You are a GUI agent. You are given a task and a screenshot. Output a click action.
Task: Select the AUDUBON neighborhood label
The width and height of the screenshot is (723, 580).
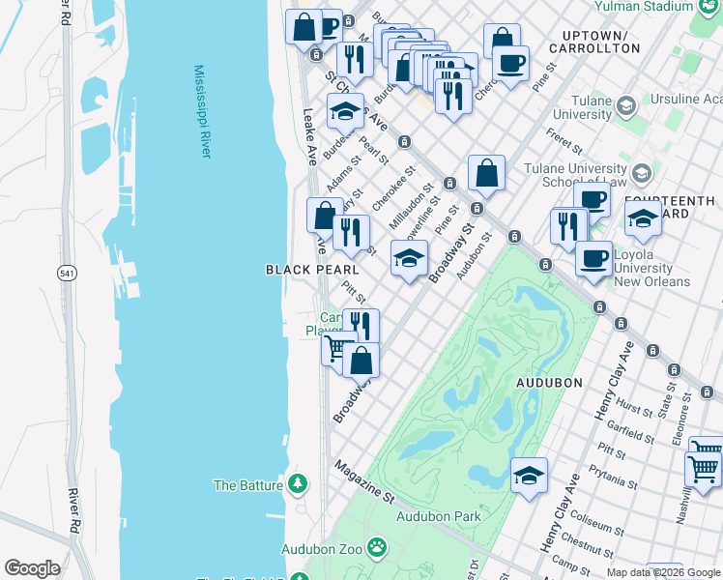549,383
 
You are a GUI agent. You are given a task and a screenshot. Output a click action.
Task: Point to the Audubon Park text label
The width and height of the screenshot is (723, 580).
439,516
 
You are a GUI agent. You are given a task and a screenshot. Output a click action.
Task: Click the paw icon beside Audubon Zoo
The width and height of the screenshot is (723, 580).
377,550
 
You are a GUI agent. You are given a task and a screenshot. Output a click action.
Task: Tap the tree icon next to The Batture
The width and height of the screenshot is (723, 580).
300,484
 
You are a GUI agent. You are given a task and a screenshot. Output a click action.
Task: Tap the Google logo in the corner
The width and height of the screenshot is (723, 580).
32,568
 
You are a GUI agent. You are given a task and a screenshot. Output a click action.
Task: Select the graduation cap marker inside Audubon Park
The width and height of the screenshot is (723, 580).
529,475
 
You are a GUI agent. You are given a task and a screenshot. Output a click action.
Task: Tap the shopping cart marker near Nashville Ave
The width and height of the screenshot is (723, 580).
704,467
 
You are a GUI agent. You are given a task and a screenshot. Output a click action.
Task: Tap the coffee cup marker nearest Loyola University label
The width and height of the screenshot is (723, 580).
593,258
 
